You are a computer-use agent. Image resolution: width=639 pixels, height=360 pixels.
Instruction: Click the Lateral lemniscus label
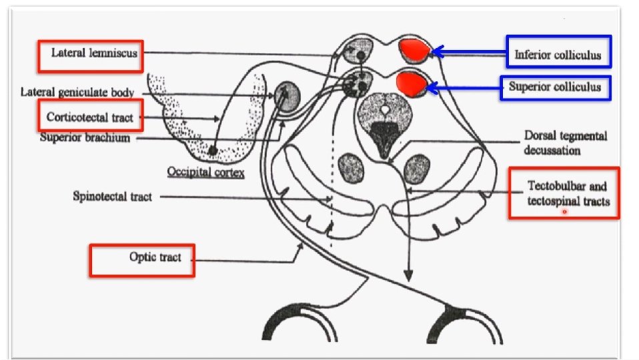pyautogui.click(x=89, y=55)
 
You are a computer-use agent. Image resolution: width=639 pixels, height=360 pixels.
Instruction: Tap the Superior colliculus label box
pyautogui.click(x=555, y=87)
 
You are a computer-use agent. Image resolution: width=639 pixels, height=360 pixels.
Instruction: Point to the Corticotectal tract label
pyautogui.click(x=90, y=117)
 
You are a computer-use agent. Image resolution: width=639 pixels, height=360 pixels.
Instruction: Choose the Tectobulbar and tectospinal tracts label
pyautogui.click(x=564, y=193)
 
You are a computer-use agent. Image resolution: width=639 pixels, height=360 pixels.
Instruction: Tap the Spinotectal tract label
pyautogui.click(x=112, y=197)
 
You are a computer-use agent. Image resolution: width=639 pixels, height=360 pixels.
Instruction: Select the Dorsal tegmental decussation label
pyautogui.click(x=565, y=143)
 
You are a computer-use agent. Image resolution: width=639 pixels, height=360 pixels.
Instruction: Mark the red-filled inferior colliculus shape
pyautogui.click(x=416, y=49)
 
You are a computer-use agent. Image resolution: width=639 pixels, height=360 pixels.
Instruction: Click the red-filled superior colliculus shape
pyautogui.click(x=411, y=84)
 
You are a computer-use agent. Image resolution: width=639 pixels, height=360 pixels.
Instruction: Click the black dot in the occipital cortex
pyautogui.click(x=212, y=151)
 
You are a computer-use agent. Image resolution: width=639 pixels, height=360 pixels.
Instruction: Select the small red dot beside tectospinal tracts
pyautogui.click(x=564, y=212)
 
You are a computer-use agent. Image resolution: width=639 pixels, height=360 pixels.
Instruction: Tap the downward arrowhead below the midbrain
pyautogui.click(x=408, y=275)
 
